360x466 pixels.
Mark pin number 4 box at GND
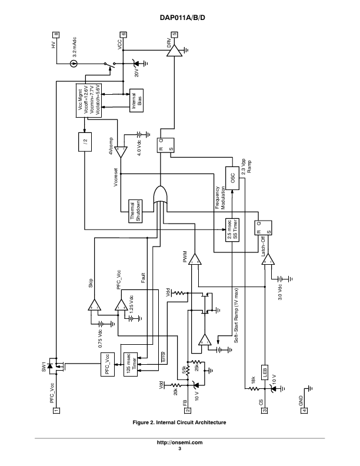(304, 410)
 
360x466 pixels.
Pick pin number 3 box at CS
(265, 410)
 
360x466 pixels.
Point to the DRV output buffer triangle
(174, 53)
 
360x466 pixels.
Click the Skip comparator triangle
(93, 305)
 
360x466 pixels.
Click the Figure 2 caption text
(179, 422)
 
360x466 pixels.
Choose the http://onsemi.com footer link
(179, 442)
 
